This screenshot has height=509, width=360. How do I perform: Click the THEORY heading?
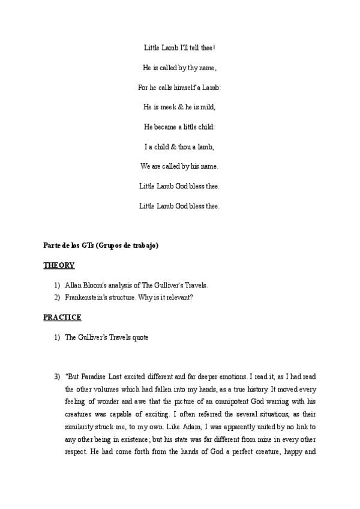pos(59,265)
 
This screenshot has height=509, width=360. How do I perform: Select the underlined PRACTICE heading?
pos(62,317)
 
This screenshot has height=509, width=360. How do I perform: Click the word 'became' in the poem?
pos(170,127)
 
